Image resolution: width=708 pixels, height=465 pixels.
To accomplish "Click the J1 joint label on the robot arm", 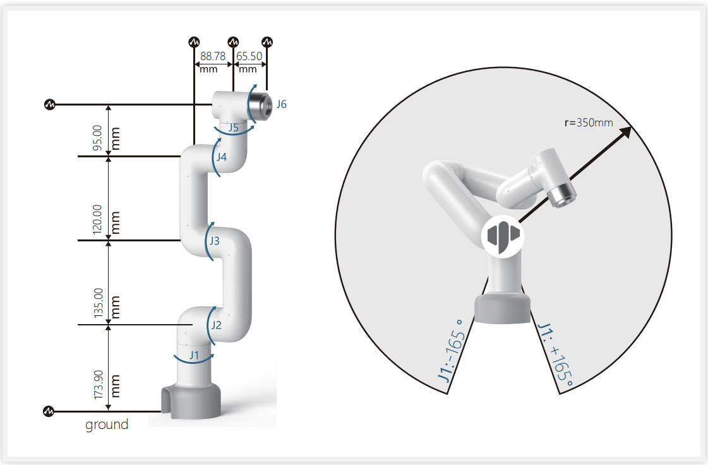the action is point(194,355).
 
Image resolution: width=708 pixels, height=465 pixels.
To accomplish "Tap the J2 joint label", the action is point(216,325).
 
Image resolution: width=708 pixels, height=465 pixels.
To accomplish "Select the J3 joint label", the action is point(215,241).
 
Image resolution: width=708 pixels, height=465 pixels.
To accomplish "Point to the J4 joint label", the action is point(221,157).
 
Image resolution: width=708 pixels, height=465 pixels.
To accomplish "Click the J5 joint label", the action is point(233,128).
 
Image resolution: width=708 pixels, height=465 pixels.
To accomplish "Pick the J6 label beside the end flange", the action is point(281,104).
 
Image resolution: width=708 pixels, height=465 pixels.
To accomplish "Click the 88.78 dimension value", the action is point(213,56).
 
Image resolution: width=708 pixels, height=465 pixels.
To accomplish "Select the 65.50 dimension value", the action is point(249,56).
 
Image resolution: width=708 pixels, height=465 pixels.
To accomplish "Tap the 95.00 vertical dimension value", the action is point(97,138).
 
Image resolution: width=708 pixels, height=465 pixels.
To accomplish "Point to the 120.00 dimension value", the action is point(97,219).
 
